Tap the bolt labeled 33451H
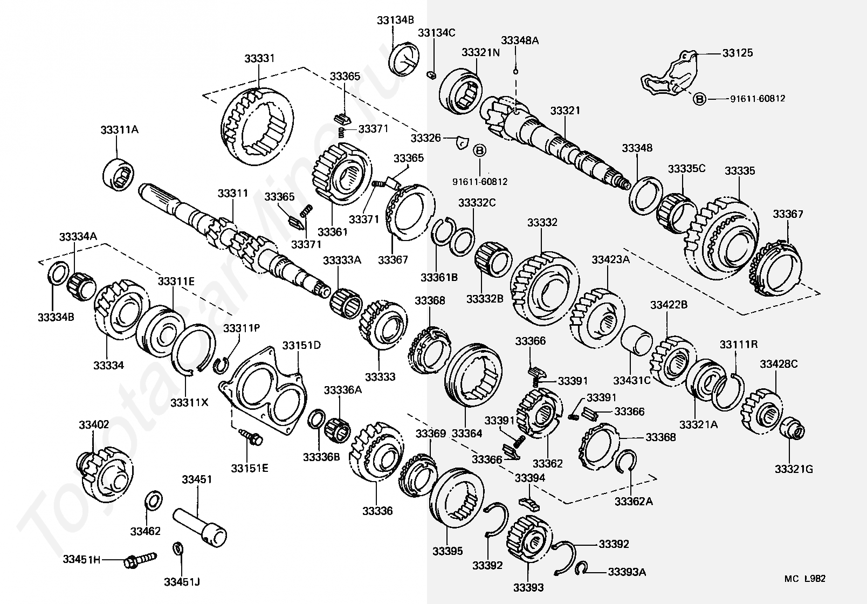tap(141, 560)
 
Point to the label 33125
tap(738, 53)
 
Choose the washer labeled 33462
tap(154, 500)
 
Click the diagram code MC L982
tap(804, 579)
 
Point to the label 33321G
tap(794, 469)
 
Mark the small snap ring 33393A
tap(581, 568)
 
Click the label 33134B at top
tap(395, 20)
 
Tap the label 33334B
tap(56, 317)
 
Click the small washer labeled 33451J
tap(178, 548)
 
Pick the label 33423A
tap(610, 259)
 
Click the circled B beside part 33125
tap(699, 99)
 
